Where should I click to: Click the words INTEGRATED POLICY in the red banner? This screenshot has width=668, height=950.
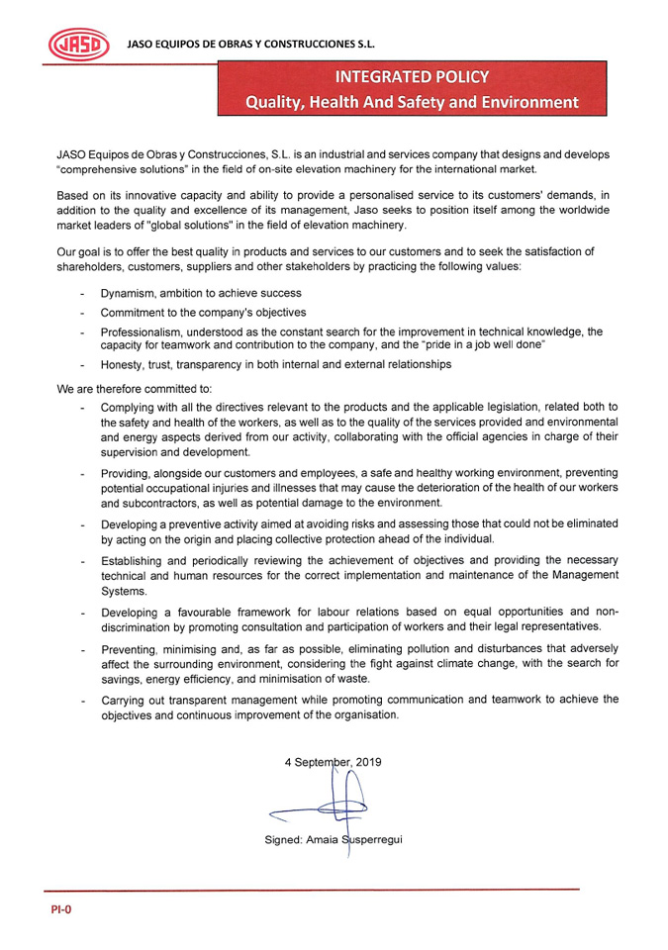pos(411,76)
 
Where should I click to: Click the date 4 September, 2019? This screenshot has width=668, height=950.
pos(333,762)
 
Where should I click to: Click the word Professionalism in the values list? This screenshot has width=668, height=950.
pos(143,332)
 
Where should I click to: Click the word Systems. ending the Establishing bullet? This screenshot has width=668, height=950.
pos(124,591)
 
